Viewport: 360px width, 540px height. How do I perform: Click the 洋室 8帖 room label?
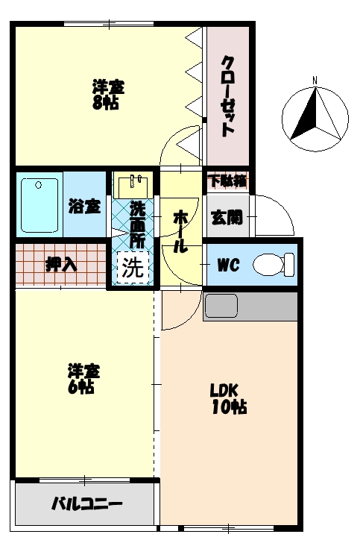click(x=108, y=95)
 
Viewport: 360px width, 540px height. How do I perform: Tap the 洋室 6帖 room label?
click(x=83, y=378)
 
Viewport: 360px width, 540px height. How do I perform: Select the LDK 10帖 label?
click(x=228, y=398)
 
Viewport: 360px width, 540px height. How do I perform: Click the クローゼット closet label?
click(x=227, y=96)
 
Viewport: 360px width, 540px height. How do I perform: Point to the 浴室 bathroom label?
click(x=85, y=206)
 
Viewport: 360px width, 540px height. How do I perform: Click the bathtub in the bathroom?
click(x=40, y=205)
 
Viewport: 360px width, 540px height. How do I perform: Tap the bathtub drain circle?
click(x=39, y=185)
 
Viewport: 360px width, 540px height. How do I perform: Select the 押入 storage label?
click(x=61, y=265)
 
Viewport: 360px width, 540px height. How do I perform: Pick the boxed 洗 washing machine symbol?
click(x=133, y=267)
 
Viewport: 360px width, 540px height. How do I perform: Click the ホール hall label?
click(x=180, y=232)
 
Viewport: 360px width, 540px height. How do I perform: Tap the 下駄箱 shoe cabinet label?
click(x=228, y=181)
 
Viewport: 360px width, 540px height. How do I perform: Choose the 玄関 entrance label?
click(x=227, y=217)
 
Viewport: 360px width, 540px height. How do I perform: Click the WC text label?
click(x=228, y=265)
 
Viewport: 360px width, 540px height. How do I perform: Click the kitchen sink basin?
click(x=221, y=306)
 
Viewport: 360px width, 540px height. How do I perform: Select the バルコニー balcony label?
click(x=87, y=504)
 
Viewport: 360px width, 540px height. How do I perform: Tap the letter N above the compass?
click(x=315, y=81)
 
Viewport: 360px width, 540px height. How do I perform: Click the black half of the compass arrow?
click(x=305, y=114)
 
